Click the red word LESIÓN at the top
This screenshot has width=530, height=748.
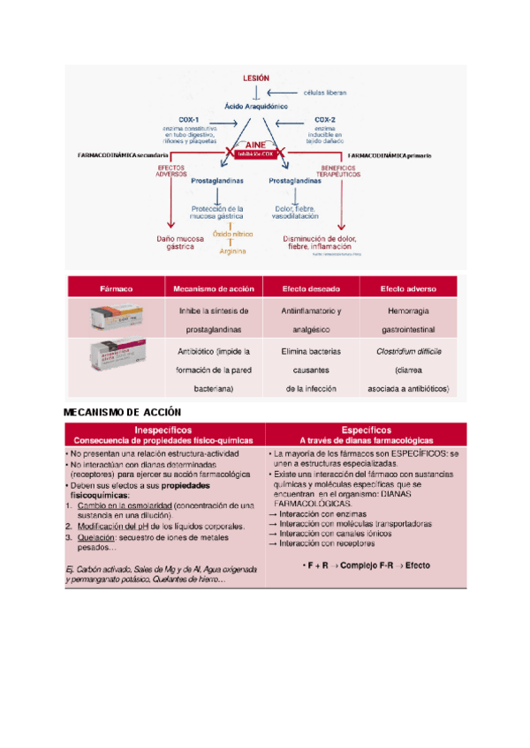pos(255,79)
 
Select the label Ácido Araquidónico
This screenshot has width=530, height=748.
pos(255,105)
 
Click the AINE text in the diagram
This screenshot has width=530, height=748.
pos(256,146)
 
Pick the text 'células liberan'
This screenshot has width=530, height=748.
pos(324,92)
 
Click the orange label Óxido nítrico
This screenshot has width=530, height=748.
pos(232,234)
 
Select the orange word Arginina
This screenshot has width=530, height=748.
pos(232,251)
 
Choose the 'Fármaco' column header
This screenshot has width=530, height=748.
pos(116,288)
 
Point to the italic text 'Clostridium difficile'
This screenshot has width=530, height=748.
pos(408,350)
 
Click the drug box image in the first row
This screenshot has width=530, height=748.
pos(116,318)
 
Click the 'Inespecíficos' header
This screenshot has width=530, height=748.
pos(163,428)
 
